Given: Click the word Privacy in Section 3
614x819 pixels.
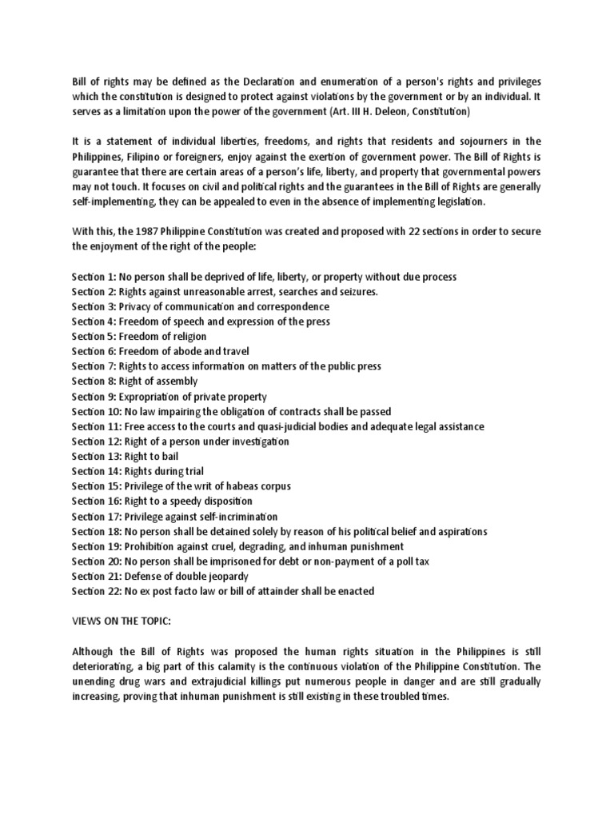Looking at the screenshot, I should coord(138,307).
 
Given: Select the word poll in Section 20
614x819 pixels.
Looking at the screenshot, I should coord(399,561).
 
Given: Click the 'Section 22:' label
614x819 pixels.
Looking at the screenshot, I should coord(94,592).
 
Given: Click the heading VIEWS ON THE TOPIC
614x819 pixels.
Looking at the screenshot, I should coord(116,621).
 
